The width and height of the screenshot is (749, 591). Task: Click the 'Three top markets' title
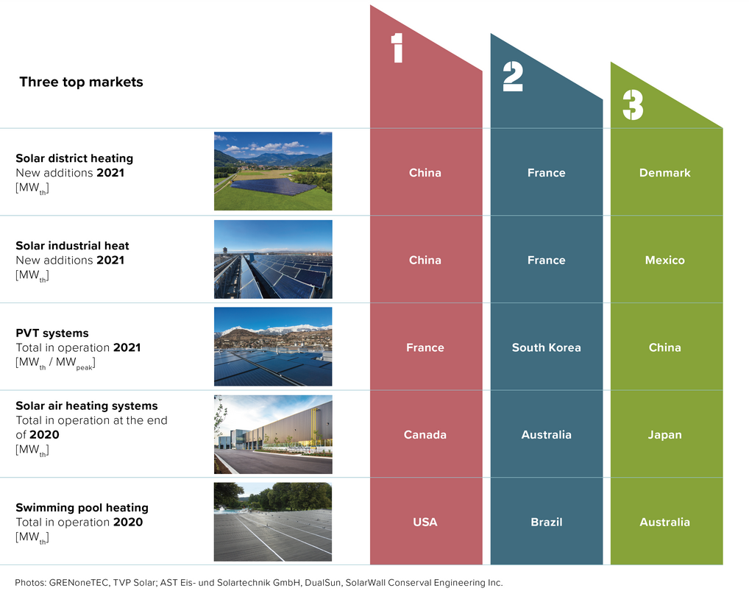tap(81, 82)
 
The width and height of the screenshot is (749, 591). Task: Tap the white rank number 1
tap(397, 48)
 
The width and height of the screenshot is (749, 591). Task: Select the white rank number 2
tap(513, 77)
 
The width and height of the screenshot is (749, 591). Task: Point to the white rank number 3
tap(633, 105)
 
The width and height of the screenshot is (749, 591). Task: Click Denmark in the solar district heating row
tap(665, 172)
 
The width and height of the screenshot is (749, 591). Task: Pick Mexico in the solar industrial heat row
tap(665, 260)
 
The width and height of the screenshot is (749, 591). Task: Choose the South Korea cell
tap(547, 347)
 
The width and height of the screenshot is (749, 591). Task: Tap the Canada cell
tap(425, 435)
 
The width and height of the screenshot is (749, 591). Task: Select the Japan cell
tap(665, 435)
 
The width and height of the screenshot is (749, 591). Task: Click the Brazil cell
tap(547, 523)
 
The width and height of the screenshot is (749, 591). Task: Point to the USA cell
tap(425, 523)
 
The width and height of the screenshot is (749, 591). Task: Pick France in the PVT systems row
tap(425, 347)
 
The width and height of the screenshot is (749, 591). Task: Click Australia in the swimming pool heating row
tap(665, 523)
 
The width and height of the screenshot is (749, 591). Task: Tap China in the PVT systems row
tap(665, 347)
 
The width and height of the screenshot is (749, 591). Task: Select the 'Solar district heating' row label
tap(74, 158)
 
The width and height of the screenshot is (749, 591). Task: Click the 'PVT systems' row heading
tap(52, 333)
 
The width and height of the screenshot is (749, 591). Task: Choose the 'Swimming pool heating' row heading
tap(82, 507)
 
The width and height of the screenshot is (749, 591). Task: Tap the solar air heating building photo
tap(273, 434)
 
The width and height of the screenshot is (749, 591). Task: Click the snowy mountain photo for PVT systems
tap(273, 347)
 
